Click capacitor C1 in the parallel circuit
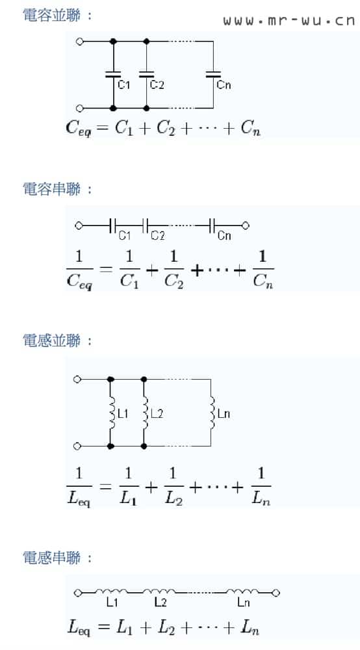tap(112, 75)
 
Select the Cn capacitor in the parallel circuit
tap(213, 75)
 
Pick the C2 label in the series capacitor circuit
tap(157, 236)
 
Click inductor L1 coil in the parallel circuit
tap(111, 413)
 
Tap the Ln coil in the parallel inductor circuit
tap(212, 413)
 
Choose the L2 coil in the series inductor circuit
tap(159, 591)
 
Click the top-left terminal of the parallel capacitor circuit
tap(80, 42)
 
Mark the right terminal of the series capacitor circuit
tap(245, 226)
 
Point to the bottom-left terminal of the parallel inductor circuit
tap(77, 446)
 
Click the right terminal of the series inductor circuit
tap(276, 593)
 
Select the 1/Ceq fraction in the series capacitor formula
tap(79, 269)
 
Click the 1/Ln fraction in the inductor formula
tap(261, 486)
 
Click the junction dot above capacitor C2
tap(146, 42)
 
